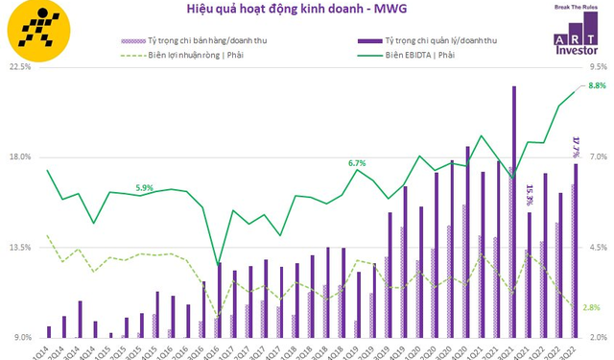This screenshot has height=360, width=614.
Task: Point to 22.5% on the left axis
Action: (x=20, y=67)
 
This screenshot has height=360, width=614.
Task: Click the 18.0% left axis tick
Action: (x=20, y=157)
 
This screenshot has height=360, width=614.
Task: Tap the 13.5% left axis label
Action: (x=20, y=248)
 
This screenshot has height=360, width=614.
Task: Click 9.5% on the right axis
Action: (x=595, y=67)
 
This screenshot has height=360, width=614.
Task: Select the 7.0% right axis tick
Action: (x=595, y=157)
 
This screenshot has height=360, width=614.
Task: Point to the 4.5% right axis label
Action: (x=595, y=248)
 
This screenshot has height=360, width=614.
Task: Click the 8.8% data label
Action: (x=596, y=86)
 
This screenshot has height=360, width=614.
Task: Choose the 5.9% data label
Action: (x=145, y=187)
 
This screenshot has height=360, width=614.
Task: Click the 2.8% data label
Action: (x=592, y=307)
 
